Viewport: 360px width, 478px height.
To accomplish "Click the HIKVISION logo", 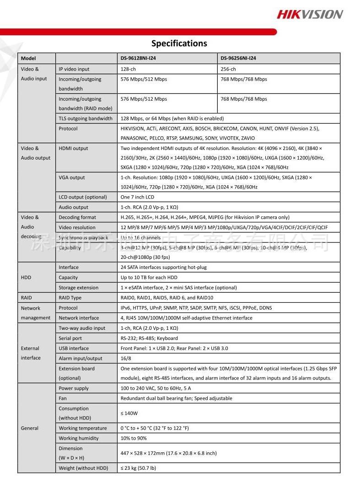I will [x=309, y=15].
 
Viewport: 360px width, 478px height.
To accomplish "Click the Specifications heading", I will [x=179, y=43].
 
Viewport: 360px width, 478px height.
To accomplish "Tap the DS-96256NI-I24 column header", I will [x=238, y=59].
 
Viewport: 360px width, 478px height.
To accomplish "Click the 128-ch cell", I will [x=128, y=69].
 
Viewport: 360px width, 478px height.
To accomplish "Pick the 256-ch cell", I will [x=228, y=69].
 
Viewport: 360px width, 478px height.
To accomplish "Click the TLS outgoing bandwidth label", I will [x=86, y=118].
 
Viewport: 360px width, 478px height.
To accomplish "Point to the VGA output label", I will [x=71, y=177].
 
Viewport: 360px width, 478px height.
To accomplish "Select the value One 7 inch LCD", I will [x=137, y=197].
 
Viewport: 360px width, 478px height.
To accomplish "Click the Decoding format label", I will [x=77, y=217].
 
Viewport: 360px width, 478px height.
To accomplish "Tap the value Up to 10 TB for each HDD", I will [x=149, y=278].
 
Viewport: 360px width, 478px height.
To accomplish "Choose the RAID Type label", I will [x=70, y=298].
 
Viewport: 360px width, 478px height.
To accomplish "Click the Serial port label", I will [x=70, y=338].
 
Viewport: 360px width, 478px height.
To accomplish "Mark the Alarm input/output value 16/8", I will [x=126, y=359].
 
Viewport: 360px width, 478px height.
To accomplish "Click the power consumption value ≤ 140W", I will [x=129, y=414].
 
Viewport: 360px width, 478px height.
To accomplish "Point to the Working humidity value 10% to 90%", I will [x=134, y=438].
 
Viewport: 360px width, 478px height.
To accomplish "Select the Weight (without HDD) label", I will [x=83, y=468].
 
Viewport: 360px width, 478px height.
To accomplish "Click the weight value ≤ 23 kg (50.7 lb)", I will [x=138, y=468].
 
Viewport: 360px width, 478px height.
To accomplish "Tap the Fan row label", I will [x=63, y=398].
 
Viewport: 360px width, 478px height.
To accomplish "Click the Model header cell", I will [x=28, y=59].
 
